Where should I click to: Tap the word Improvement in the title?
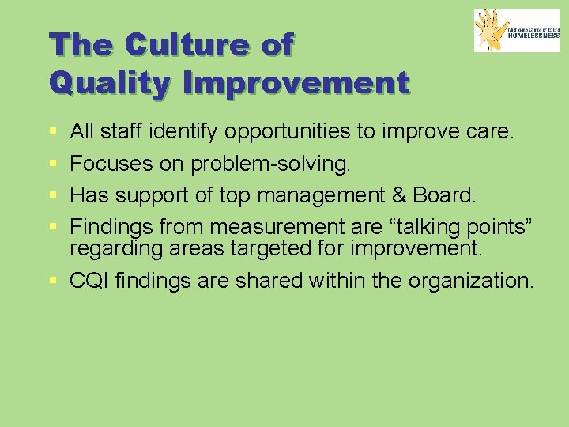tap(299, 81)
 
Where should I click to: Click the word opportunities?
tap(286, 131)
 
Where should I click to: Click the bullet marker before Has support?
tap(51, 195)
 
